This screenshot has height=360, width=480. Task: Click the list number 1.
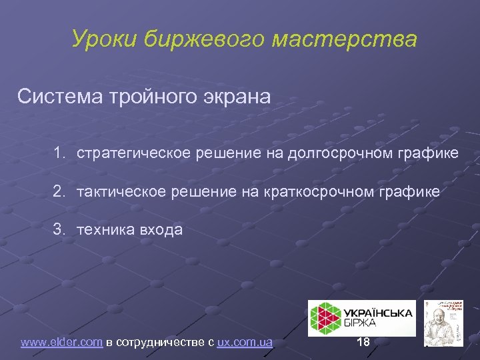(60, 153)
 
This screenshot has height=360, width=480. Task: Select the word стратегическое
(134, 153)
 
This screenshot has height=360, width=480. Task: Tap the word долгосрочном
(338, 153)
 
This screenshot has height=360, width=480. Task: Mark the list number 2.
(60, 192)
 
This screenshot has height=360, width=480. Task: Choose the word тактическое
(125, 192)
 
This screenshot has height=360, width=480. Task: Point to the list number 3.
(60, 231)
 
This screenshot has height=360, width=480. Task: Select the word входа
(161, 231)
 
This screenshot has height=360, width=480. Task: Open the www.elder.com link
(61, 343)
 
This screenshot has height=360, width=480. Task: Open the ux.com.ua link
(245, 343)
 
